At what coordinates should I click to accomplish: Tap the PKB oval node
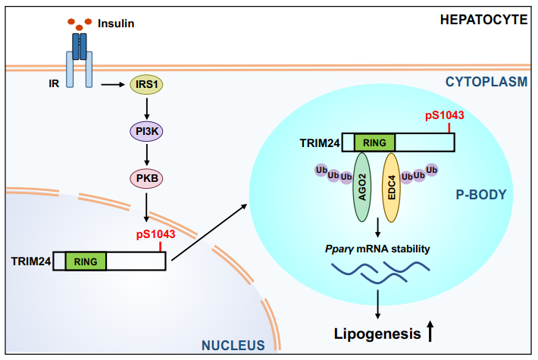coord(145,179)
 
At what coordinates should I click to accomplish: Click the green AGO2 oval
coord(362,186)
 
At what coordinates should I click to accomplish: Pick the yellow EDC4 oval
coord(392,186)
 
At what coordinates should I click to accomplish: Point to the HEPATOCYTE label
coord(483,20)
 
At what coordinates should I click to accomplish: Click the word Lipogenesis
coord(377,333)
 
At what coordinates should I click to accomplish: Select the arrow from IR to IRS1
coord(112,85)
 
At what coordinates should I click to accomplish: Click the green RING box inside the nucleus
coord(86,261)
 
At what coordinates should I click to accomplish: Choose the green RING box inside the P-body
coord(374,142)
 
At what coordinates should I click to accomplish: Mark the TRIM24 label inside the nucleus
coord(30,261)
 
